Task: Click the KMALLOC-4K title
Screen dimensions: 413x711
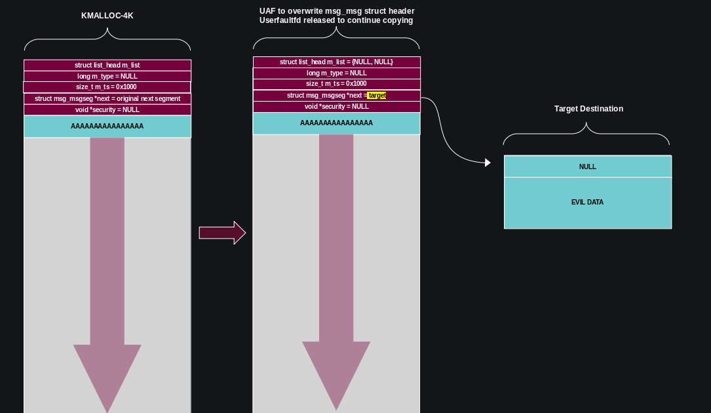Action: tap(107, 15)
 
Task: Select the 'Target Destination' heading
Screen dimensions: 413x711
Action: tap(588, 109)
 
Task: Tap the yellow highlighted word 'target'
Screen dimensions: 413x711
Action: tap(377, 96)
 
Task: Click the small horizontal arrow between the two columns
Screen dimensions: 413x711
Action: tap(222, 233)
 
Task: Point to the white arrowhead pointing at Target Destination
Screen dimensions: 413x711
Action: tap(487, 163)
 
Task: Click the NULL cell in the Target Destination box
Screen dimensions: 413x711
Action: tap(588, 167)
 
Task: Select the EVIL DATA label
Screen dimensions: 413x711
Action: tap(587, 203)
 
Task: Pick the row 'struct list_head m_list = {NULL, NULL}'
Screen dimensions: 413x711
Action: tap(336, 62)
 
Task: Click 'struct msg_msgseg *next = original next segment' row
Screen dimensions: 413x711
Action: tap(107, 99)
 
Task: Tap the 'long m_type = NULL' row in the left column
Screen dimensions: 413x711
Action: tap(107, 77)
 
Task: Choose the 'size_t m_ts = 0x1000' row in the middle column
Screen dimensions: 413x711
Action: tap(336, 84)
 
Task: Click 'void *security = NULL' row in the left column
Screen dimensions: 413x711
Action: tap(107, 110)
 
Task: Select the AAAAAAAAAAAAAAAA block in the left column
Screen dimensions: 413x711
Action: tap(107, 127)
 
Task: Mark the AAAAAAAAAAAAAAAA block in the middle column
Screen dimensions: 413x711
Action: tap(336, 123)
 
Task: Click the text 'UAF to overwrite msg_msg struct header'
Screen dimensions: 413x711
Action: tap(337, 11)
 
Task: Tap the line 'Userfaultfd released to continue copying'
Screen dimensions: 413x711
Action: tap(336, 20)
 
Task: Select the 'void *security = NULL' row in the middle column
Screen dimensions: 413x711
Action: tap(336, 107)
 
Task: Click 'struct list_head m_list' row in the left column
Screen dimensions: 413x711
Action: tap(107, 66)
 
